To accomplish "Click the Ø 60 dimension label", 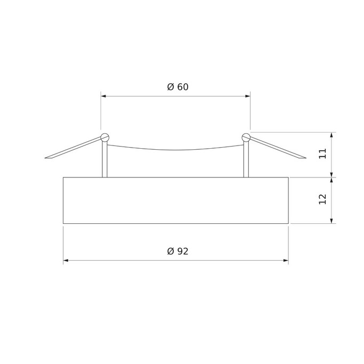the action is (x=177, y=87).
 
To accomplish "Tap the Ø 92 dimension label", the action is (x=177, y=251).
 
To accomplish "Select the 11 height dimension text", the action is (x=322, y=153).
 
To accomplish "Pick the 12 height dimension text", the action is (x=322, y=199).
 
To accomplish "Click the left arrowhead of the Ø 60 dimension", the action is (x=103, y=96).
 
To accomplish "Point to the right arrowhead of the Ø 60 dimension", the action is (x=248, y=96).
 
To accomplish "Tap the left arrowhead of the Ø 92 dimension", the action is (x=66, y=261).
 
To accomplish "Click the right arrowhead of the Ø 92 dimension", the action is (x=286, y=261).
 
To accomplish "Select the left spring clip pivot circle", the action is (x=104, y=137).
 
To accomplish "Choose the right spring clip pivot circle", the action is (x=246, y=137).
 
